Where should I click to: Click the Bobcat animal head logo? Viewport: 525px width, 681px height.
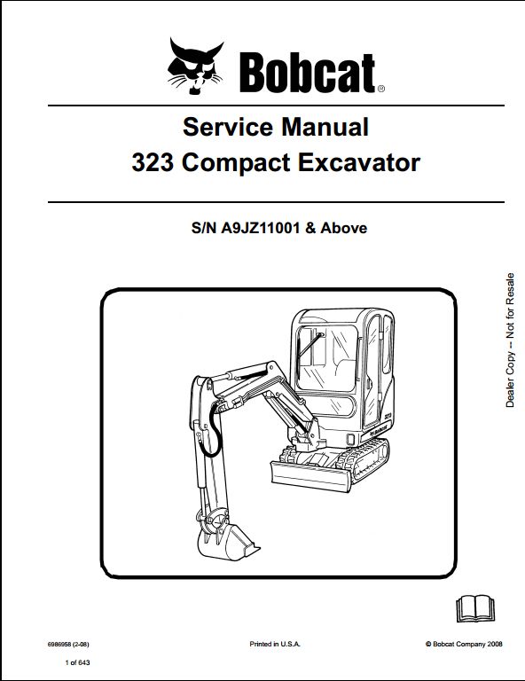coord(195,66)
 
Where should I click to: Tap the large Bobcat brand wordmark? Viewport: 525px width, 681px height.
coord(307,73)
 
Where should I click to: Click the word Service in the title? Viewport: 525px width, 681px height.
coord(228,127)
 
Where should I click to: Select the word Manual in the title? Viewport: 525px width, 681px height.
coord(325,127)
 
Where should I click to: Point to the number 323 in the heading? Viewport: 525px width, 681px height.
coord(153,163)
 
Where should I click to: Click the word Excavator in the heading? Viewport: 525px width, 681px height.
coord(358,163)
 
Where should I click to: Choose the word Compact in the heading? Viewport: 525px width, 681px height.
coord(236,164)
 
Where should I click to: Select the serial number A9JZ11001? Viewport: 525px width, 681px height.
coord(260,228)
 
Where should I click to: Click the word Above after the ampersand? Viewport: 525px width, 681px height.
coord(343,228)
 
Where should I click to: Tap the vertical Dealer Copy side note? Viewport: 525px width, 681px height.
coord(510,340)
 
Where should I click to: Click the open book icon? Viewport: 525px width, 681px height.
coord(475,608)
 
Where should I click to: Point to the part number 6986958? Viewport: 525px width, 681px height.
coord(59,644)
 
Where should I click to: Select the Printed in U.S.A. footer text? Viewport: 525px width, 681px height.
coord(274,644)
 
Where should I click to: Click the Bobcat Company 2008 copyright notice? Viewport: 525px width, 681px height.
coord(464,644)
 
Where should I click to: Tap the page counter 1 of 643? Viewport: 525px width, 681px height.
coord(77,662)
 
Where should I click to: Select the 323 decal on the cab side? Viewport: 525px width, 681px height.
coord(388,416)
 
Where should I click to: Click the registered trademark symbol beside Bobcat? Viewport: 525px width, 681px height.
coord(380,89)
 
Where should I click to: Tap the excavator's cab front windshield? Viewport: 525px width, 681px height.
coord(328,357)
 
